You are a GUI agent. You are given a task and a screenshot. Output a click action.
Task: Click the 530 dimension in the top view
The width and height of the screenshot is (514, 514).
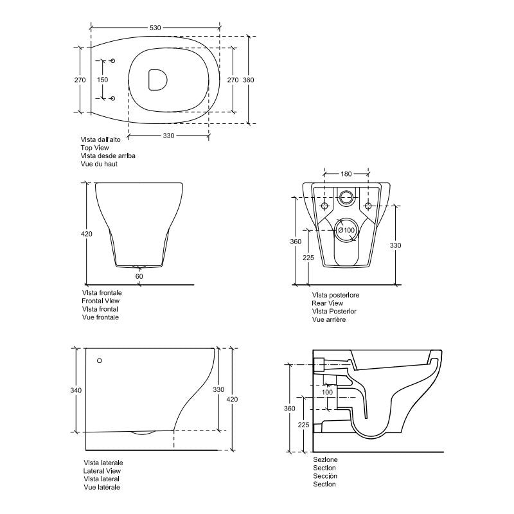tap(155, 28)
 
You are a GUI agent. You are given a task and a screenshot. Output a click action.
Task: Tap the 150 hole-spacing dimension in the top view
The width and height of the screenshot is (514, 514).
tap(102, 80)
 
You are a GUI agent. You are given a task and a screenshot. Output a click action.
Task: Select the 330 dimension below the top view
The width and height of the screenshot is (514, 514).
tap(168, 136)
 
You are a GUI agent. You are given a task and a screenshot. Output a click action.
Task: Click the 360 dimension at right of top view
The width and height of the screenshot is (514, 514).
tap(249, 80)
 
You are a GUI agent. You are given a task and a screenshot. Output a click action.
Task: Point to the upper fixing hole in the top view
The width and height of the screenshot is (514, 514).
tap(113, 61)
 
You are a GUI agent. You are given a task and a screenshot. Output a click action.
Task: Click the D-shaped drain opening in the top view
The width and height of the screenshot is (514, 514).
tap(156, 80)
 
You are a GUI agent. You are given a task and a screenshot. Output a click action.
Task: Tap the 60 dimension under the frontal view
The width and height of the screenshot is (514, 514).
tap(139, 276)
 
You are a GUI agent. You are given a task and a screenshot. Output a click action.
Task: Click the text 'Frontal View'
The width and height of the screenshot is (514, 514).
tap(102, 301)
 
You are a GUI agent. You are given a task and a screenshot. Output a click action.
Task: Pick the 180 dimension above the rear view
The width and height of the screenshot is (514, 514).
tap(346, 173)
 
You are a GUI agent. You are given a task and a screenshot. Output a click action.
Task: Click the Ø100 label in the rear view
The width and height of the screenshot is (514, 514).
tap(346, 230)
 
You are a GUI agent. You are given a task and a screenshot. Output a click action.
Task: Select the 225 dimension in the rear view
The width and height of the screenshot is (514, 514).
tap(308, 258)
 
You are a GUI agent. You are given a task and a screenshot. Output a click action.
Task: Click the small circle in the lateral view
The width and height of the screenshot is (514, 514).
tap(99, 361)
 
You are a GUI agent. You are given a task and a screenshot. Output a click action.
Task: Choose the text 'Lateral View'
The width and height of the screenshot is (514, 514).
tap(103, 471)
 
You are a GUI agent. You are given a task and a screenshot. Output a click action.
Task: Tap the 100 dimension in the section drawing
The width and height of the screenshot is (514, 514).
tap(327, 392)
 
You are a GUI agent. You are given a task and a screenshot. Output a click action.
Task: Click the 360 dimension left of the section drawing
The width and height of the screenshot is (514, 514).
tap(290, 409)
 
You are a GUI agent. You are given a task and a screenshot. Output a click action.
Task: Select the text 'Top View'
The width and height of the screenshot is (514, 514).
tap(95, 147)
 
